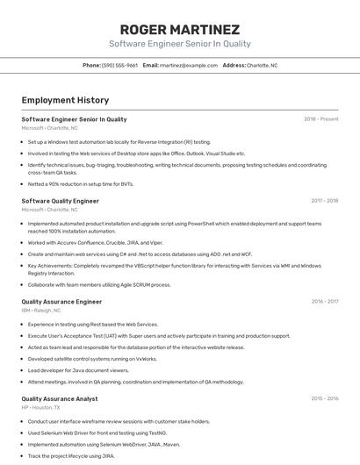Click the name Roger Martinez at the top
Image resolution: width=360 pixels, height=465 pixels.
click(x=179, y=29)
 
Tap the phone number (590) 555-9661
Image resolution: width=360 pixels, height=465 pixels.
click(x=119, y=65)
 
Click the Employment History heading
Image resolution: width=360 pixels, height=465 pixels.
click(x=65, y=100)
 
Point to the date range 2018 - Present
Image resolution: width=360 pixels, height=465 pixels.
click(x=320, y=119)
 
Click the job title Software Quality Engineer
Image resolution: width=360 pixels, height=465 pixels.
click(x=60, y=201)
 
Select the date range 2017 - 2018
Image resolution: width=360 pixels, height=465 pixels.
click(x=324, y=201)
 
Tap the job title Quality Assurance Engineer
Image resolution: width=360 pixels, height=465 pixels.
click(x=61, y=302)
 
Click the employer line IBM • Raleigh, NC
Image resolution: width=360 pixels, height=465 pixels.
click(x=41, y=311)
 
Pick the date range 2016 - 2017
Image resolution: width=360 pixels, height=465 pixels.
click(x=324, y=302)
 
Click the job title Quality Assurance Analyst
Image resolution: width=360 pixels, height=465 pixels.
click(x=59, y=399)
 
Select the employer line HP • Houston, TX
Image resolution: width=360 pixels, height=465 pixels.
click(x=40, y=408)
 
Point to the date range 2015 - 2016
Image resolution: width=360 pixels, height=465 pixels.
click(x=324, y=399)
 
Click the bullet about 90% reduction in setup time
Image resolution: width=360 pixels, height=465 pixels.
click(x=81, y=184)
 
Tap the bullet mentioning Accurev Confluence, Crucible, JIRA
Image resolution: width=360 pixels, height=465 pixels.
click(x=95, y=243)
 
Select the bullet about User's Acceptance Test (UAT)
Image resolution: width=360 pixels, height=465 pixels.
click(x=158, y=335)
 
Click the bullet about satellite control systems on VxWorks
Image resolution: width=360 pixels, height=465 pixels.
click(x=92, y=358)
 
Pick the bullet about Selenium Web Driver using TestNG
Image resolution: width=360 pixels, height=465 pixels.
click(x=97, y=433)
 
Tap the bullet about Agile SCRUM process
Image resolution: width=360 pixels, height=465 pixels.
click(x=98, y=284)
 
